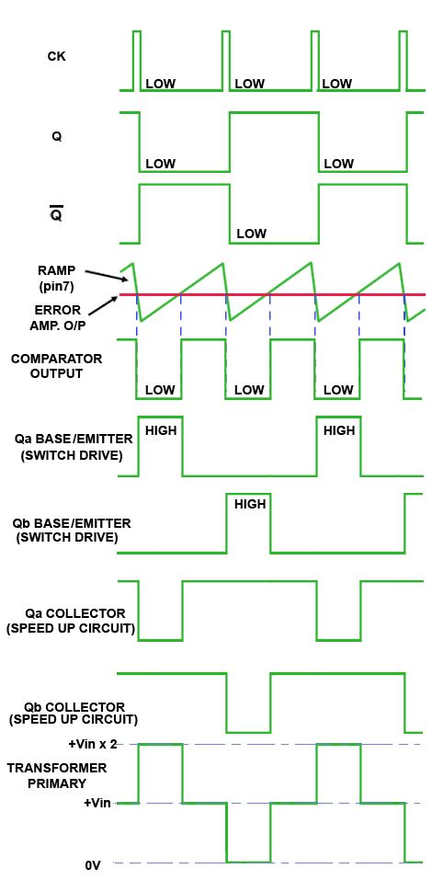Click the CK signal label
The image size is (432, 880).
[56, 56]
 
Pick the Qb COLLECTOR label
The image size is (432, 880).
[63, 712]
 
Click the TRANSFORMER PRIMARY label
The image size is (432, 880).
[54, 775]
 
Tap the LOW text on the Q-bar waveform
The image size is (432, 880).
[251, 234]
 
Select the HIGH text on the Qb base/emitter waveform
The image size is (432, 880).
[250, 504]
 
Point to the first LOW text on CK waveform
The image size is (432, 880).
[160, 84]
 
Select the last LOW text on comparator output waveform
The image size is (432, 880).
[338, 390]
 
